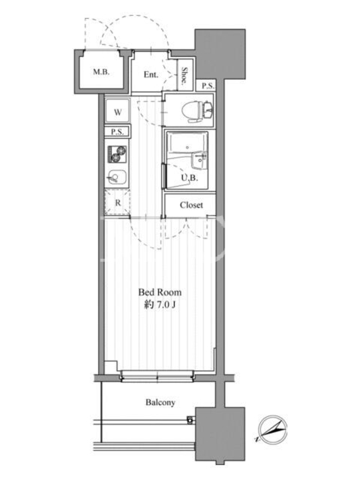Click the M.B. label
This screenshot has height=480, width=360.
tap(101, 72)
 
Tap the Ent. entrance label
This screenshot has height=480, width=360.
tap(151, 74)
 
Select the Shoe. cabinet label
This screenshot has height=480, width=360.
tap(185, 76)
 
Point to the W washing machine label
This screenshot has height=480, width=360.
tap(118, 112)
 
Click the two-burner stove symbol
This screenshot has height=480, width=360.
tap(117, 154)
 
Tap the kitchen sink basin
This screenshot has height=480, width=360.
tap(116, 177)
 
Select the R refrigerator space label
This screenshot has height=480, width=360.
tap(118, 203)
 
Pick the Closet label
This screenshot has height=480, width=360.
tap(191, 205)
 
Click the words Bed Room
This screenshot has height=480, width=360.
tap(160, 292)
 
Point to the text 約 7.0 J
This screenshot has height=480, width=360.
tap(160, 305)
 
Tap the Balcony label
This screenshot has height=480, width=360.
tap(160, 402)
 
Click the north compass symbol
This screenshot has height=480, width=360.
tap(272, 430)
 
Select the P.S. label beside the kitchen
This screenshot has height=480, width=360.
tap(117, 132)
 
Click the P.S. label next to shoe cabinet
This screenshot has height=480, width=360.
tap(208, 86)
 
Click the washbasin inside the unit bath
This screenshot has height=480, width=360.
tap(199, 160)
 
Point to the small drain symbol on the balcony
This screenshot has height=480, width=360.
tap(190, 419)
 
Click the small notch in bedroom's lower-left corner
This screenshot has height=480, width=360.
tap(111, 366)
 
